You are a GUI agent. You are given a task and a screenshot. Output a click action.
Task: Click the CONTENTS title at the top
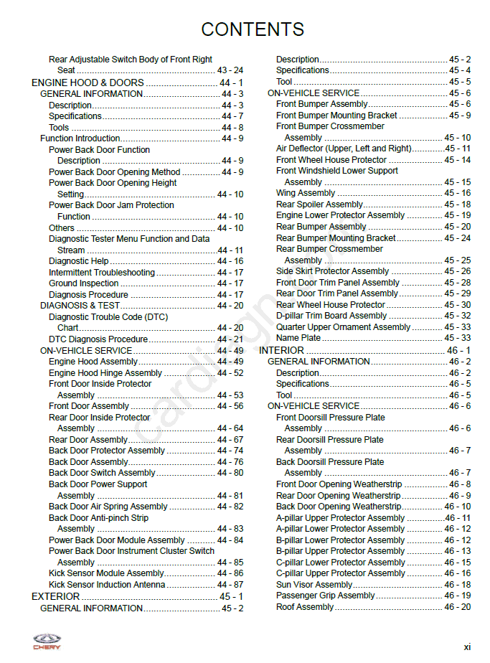(253, 29)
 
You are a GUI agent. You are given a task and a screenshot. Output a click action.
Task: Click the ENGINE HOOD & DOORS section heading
(88, 83)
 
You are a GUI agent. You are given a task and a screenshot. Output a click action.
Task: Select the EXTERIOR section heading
(56, 596)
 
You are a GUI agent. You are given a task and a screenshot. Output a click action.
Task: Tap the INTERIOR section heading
(282, 350)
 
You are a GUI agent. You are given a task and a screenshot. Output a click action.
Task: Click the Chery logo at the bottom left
(47, 641)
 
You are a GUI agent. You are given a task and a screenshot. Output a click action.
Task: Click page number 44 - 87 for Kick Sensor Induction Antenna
(230, 585)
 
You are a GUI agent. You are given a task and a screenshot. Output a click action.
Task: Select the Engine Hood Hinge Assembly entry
(105, 373)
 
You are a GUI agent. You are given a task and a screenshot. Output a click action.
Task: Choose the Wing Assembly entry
(306, 193)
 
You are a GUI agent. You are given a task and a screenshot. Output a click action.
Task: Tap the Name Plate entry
(298, 338)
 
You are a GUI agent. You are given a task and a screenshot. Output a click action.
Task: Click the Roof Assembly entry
(305, 607)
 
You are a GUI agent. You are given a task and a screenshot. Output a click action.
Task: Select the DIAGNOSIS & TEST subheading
(80, 306)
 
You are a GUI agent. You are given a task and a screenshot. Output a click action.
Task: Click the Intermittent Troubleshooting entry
(102, 273)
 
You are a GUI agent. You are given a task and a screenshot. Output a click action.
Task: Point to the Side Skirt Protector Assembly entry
(332, 271)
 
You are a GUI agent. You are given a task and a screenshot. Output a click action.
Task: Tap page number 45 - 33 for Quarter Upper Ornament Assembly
(457, 327)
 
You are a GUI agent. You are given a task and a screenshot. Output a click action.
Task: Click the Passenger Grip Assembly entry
(326, 596)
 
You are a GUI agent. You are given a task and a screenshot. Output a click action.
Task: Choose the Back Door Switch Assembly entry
(102, 473)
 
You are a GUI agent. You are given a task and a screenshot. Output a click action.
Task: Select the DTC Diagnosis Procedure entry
(98, 339)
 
